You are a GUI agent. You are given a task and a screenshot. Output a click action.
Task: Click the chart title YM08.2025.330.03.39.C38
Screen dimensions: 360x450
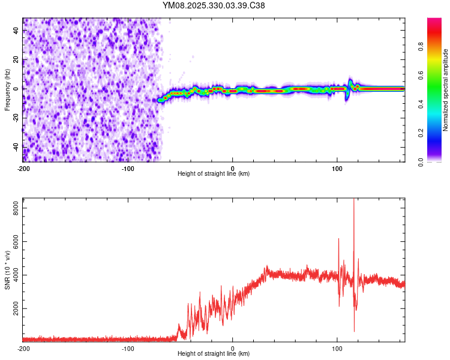pos(214,5)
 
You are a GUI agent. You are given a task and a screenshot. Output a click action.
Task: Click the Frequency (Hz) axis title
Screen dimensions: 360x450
pos(7,90)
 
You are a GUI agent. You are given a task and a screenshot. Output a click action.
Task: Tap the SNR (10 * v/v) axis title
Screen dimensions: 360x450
pos(7,270)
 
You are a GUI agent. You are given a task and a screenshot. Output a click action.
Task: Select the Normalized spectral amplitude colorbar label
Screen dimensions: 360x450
pos(446,90)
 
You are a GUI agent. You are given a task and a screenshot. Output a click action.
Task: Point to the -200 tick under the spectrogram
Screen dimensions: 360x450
pos(23,168)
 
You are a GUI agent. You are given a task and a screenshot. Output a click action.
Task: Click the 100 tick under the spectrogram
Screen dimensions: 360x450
pos(337,168)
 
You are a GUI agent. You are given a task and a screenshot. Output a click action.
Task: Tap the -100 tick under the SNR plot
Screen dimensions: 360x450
pos(128,348)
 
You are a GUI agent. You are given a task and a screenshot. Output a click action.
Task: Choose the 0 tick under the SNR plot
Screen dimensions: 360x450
pos(233,348)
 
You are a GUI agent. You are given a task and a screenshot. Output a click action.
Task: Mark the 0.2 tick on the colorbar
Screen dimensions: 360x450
pos(431,133)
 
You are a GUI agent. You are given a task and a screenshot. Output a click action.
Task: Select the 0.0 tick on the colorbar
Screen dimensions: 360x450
pos(431,162)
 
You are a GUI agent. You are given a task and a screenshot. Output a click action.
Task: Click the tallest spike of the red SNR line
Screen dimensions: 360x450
pos(354,200)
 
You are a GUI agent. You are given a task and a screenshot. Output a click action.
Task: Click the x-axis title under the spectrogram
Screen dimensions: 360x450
pos(214,174)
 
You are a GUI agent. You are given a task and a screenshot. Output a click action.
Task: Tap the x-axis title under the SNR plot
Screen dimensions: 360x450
pos(214,354)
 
